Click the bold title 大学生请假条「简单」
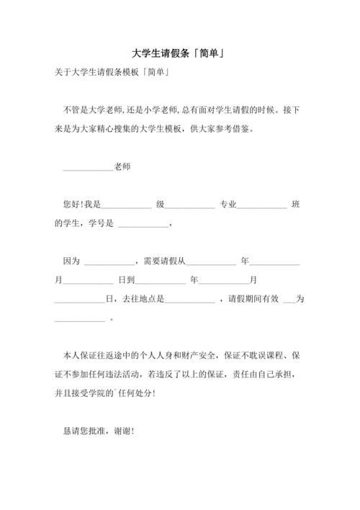[181, 53]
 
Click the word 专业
[228, 205]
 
